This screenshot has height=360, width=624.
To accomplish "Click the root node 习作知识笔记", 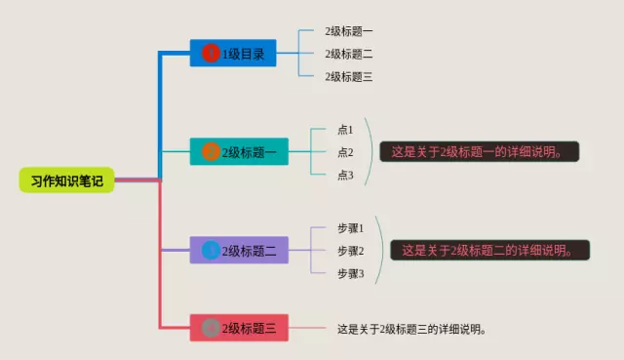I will coord(66,180).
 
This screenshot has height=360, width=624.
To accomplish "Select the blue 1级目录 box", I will coord(233,54).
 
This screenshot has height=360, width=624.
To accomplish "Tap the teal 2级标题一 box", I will coord(239,152).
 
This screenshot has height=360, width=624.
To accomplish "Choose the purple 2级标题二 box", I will coord(239,251).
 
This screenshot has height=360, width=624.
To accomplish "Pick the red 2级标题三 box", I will coord(239,329).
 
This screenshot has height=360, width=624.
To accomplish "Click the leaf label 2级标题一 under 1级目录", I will coord(349,32).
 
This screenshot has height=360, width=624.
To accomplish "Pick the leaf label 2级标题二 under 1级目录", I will coord(349,54).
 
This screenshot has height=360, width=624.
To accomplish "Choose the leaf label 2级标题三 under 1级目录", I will coord(349,76).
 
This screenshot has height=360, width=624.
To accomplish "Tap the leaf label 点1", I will coord(345,129).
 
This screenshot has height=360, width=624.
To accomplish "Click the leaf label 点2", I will coord(345,152).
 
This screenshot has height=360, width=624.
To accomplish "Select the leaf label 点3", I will coord(345,176).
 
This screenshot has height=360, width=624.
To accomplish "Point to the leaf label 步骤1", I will coord(350,228).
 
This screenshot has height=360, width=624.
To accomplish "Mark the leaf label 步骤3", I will coord(350,274).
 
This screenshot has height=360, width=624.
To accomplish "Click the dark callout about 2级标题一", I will coord(480,152).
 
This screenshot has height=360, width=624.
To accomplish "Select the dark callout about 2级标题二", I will coord(490,251).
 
